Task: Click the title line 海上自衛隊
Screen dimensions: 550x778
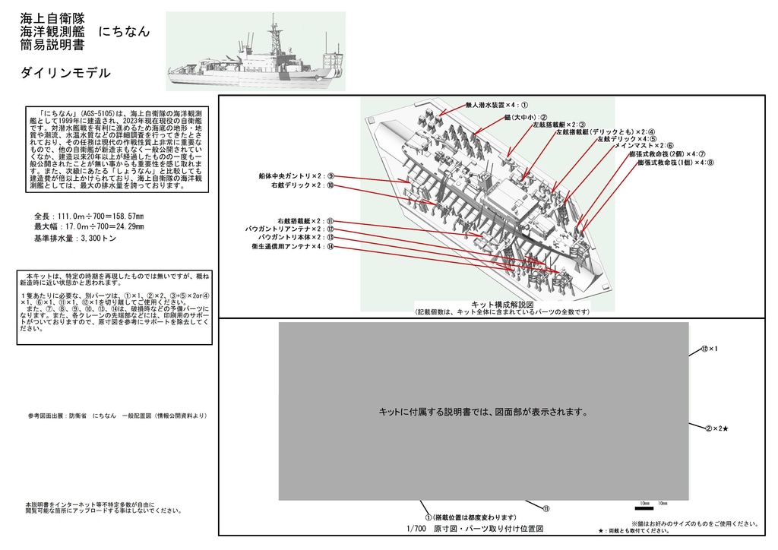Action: tap(53, 17)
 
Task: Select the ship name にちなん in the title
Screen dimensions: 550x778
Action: tap(124, 32)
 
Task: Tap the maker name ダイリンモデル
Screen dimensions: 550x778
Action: tap(66, 73)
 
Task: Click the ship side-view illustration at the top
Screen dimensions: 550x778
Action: tap(255, 51)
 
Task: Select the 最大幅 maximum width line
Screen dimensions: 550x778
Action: tap(89, 227)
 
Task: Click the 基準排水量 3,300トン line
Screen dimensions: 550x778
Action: tap(74, 239)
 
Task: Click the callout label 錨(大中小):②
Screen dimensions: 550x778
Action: tap(525, 117)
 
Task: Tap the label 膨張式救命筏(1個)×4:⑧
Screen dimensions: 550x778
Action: tap(675, 162)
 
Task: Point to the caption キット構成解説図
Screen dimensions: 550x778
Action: tap(502, 305)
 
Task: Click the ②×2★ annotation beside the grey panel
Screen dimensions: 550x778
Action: tap(715, 429)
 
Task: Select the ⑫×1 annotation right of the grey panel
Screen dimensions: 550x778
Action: tap(709, 349)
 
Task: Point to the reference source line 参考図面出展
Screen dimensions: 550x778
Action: tap(117, 416)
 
